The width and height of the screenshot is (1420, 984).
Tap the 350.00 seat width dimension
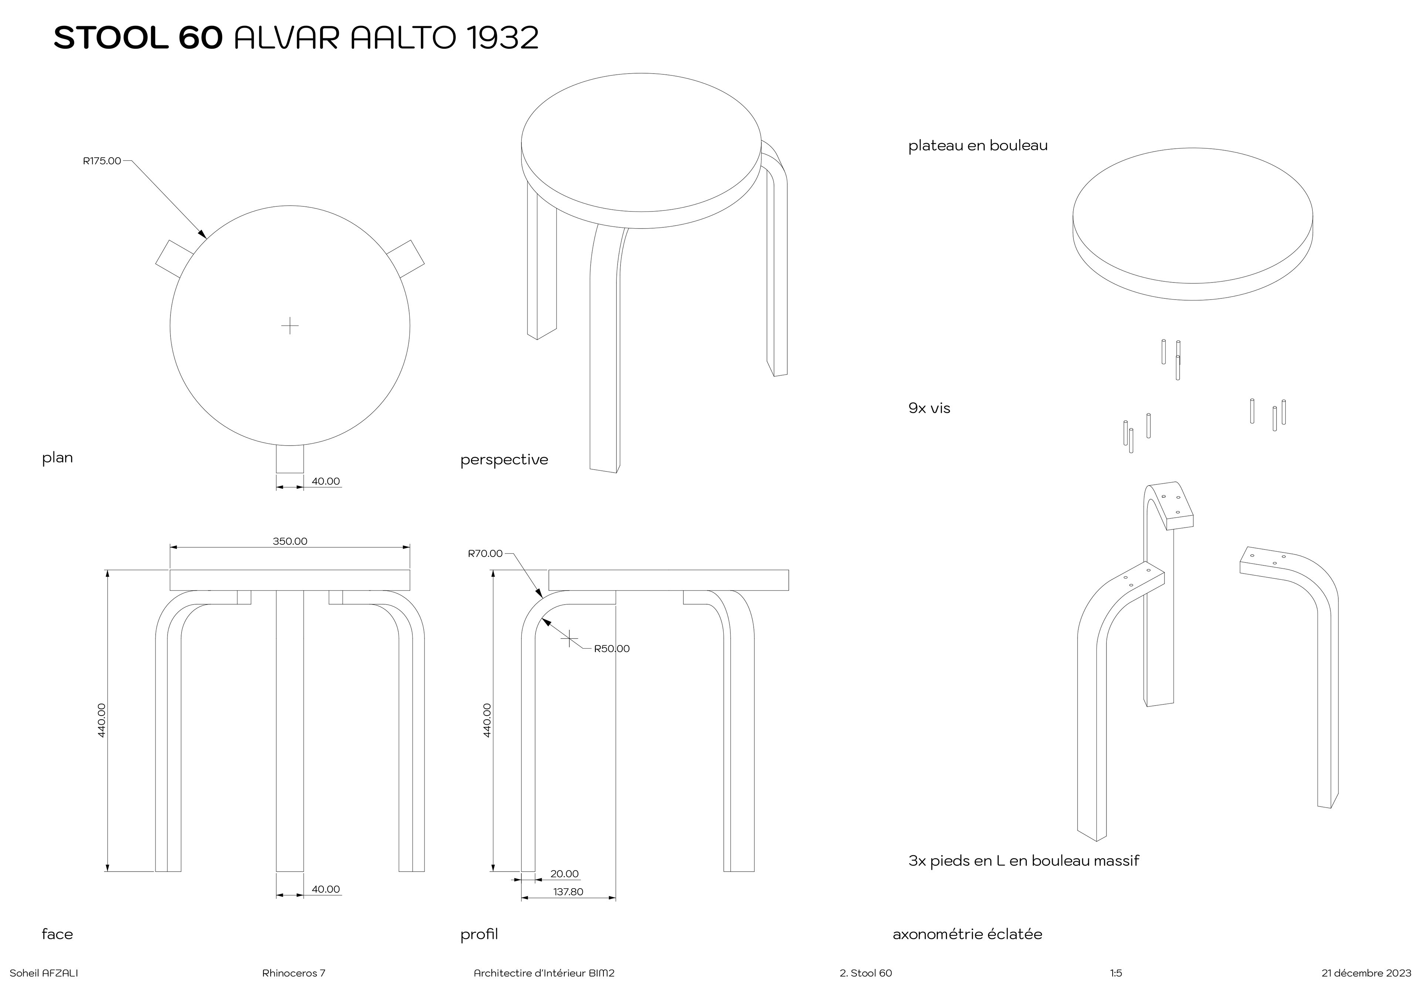click(x=290, y=541)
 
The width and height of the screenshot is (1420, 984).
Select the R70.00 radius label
click(x=485, y=554)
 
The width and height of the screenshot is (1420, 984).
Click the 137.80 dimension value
click(x=568, y=892)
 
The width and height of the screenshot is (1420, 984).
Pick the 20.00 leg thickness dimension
click(x=564, y=874)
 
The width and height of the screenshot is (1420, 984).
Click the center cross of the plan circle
click(x=290, y=325)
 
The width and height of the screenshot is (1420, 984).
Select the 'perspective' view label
click(x=504, y=460)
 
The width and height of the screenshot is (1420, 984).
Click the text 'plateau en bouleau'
click(x=978, y=146)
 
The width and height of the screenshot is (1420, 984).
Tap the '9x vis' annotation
click(x=929, y=408)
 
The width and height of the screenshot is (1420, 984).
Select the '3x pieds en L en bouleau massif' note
click(x=1024, y=861)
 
